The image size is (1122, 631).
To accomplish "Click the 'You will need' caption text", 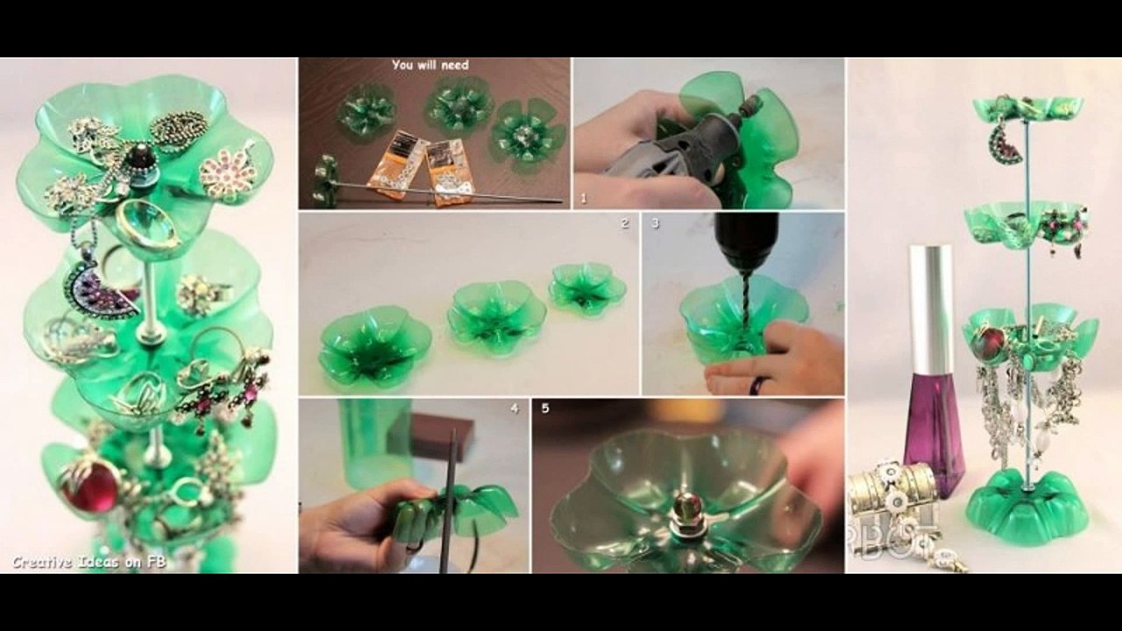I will pos(430,65).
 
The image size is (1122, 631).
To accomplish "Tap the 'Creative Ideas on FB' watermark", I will pos(76,562).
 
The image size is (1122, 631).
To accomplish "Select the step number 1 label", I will pos(583,199).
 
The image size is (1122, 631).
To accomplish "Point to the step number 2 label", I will pos(624,224).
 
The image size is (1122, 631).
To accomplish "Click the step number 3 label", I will pos(655,224).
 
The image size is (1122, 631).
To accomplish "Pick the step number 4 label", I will pos(515,408).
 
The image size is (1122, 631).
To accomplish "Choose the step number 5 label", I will pos(545,408).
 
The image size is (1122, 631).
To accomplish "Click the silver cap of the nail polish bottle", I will pos(930,307).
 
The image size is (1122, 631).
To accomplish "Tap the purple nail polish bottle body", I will pos(933,429).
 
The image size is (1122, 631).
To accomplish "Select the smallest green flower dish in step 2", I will pos(587,287).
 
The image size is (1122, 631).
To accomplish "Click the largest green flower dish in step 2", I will pos(374,345).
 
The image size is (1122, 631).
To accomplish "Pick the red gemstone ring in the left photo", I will pos(89,486).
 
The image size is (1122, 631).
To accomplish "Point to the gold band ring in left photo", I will pos(146,226).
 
